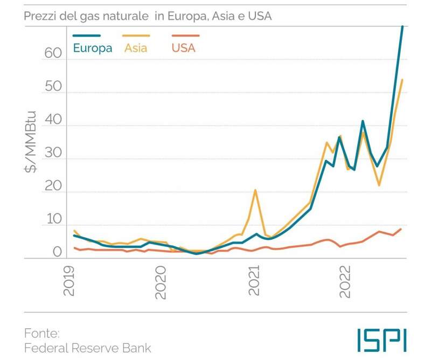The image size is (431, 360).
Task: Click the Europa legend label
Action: click(x=93, y=48)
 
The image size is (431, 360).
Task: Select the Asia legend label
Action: click(x=136, y=48)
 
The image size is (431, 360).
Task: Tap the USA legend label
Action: click(x=183, y=48)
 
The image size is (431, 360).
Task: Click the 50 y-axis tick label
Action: click(x=54, y=93)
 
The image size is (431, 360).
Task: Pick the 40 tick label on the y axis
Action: click(x=54, y=126)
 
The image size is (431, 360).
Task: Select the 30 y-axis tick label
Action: click(x=54, y=160)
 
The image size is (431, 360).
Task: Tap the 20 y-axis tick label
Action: click(x=54, y=192)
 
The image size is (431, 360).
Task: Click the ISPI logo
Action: click(x=381, y=340)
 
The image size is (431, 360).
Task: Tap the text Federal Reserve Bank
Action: click(x=87, y=348)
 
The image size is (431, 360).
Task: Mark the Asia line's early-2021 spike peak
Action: click(x=255, y=190)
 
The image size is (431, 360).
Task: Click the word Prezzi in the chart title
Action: click(x=40, y=16)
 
